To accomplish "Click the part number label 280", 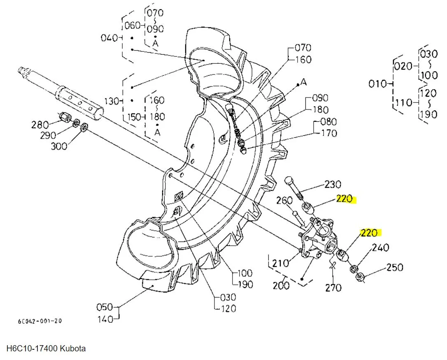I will [40, 124].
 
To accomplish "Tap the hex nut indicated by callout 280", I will [64, 117].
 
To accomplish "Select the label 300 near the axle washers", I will [58, 146].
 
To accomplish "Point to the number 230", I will [333, 185].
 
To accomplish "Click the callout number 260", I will [284, 201].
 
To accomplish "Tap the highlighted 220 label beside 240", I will [369, 233].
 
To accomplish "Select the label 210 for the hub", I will [281, 263].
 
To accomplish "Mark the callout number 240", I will [380, 248].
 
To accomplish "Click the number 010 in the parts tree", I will [377, 84].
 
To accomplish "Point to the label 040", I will [109, 38].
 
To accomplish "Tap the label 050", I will [105, 307].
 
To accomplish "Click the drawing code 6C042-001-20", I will [40, 321].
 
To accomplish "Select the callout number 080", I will [328, 122].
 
